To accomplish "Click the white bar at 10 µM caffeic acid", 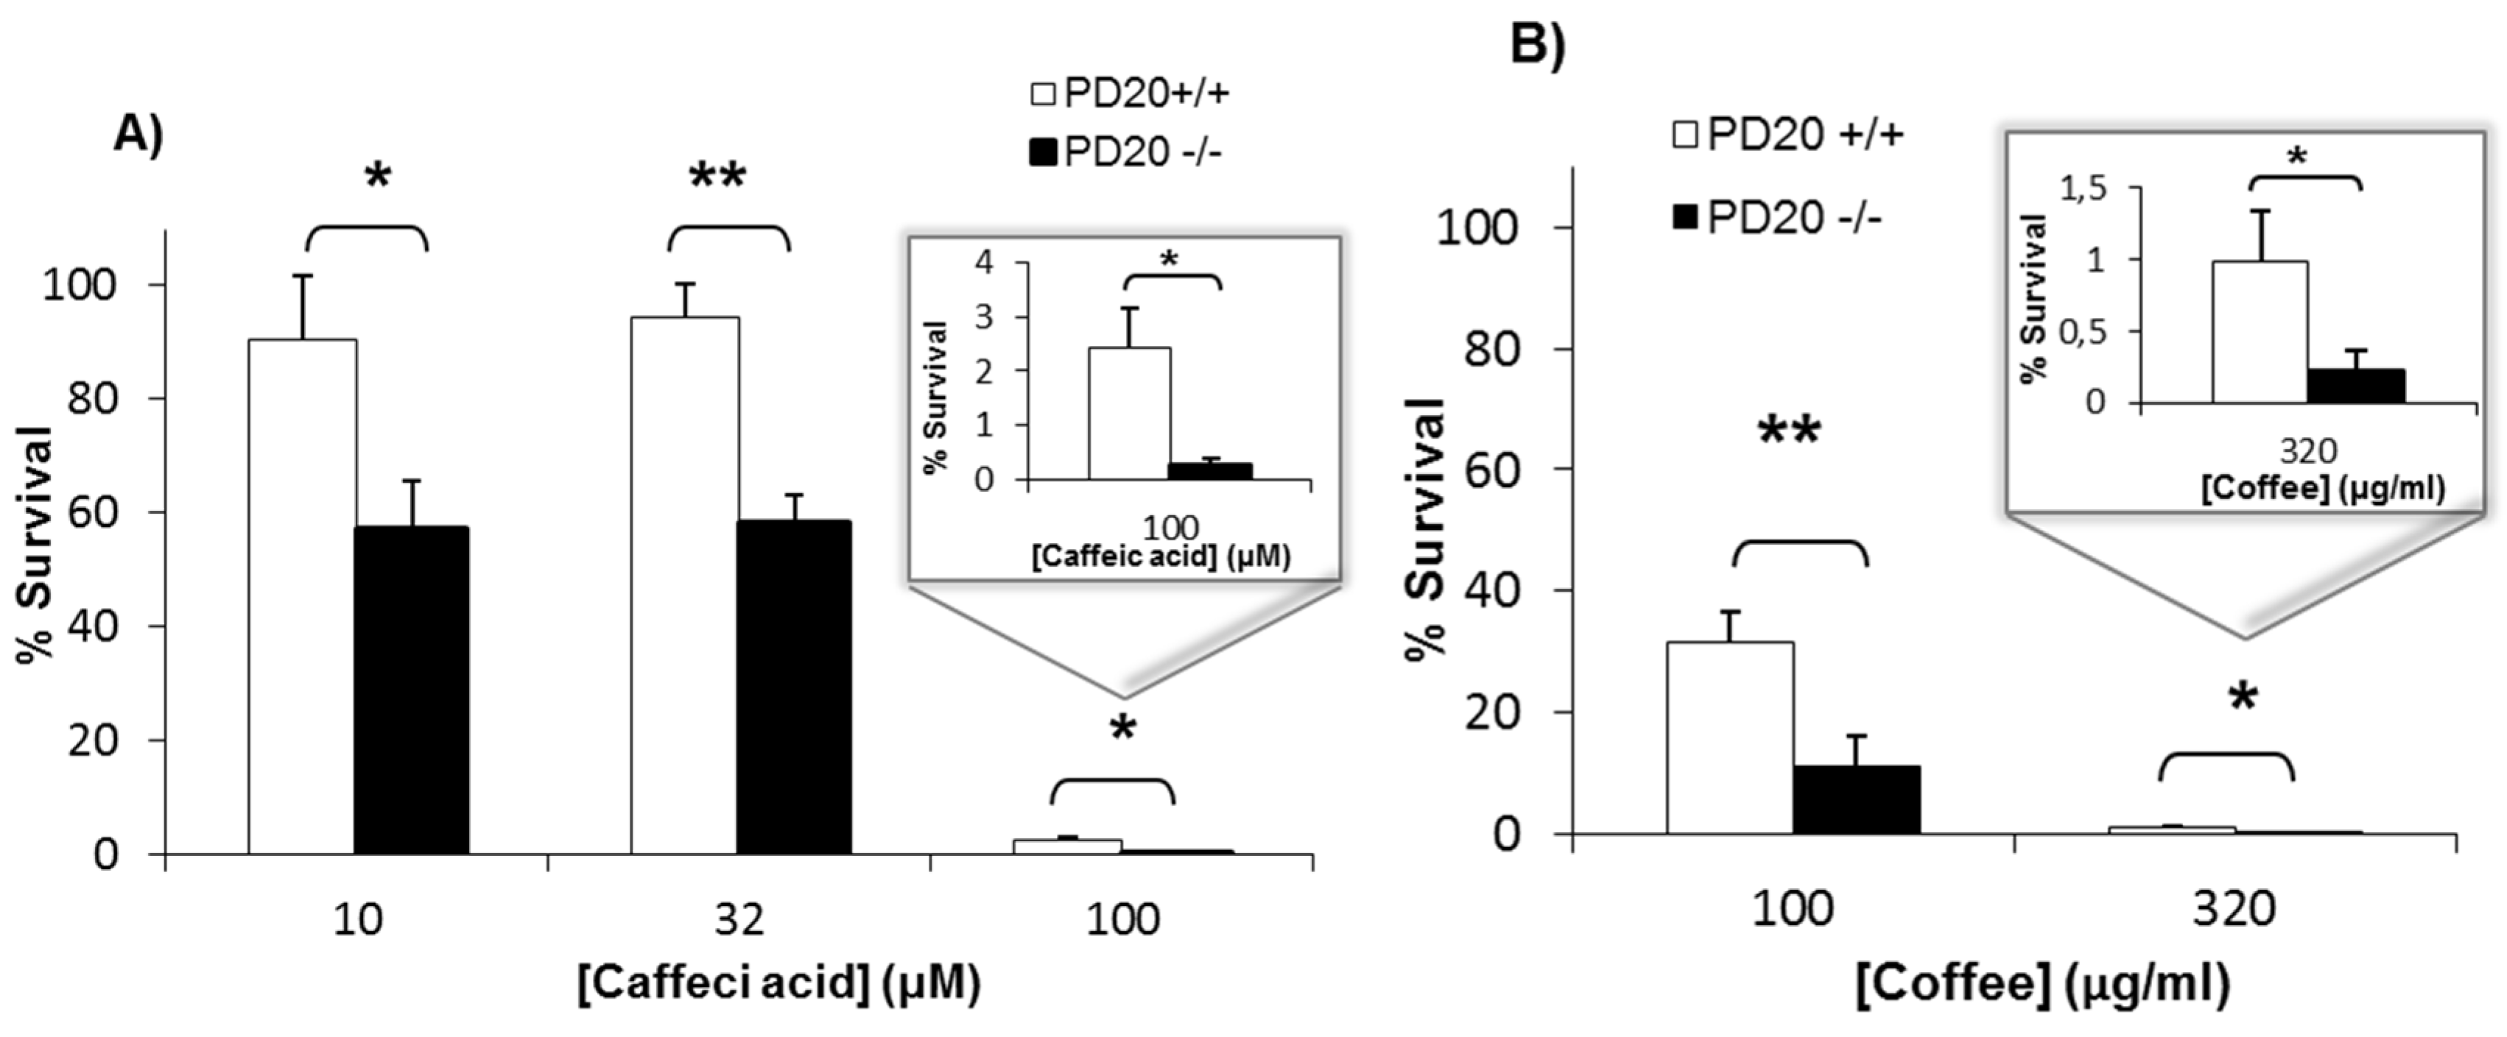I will (x=303, y=596).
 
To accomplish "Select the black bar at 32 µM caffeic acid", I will (x=793, y=687).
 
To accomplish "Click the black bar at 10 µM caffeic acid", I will (x=411, y=690).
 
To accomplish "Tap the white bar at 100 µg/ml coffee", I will (x=1729, y=737).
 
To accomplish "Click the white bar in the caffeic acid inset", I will (x=1129, y=414).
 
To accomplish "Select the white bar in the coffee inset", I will (x=2260, y=332).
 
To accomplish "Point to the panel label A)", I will (x=139, y=133).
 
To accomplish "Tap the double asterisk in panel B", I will (x=1789, y=431).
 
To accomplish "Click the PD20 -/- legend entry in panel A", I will (x=1126, y=153).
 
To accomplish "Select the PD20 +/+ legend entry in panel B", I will (x=1787, y=134).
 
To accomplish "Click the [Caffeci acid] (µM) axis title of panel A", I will (x=778, y=985).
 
